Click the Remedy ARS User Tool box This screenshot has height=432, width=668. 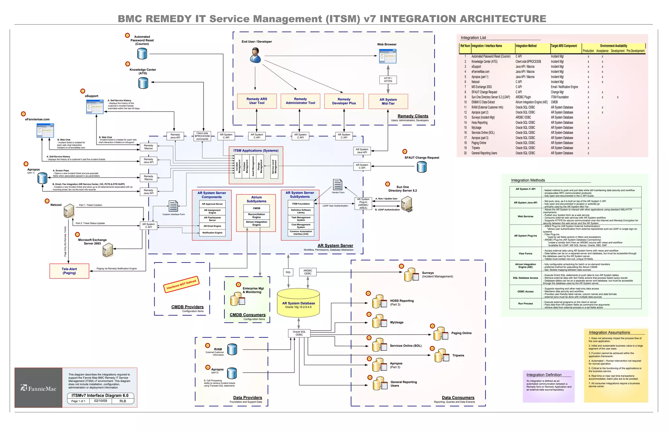tap(257, 101)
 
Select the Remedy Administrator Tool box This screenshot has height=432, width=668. tap(300, 101)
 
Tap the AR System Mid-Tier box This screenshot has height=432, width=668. tap(388, 101)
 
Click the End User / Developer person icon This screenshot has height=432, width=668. tap(255, 55)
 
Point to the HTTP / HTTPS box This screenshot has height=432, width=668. tap(388, 80)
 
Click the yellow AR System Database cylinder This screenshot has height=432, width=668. tap(298, 303)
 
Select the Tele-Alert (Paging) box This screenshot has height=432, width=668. tap(69, 271)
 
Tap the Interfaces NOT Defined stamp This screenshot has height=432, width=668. tap(181, 284)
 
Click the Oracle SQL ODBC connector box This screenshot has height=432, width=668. tap(299, 333)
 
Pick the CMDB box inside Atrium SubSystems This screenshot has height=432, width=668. tap(256, 208)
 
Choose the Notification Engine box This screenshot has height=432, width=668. tap(212, 233)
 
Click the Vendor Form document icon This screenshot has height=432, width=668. tap(338, 185)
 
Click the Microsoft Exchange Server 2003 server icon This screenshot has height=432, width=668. tap(107, 250)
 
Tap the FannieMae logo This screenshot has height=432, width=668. tap(38, 388)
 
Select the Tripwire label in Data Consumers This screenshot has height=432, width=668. tap(458, 356)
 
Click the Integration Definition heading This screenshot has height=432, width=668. tap(544, 375)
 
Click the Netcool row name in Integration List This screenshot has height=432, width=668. tap(475, 82)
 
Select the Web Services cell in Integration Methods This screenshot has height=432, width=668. tap(525, 216)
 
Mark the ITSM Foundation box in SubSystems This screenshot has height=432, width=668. tap(301, 204)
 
